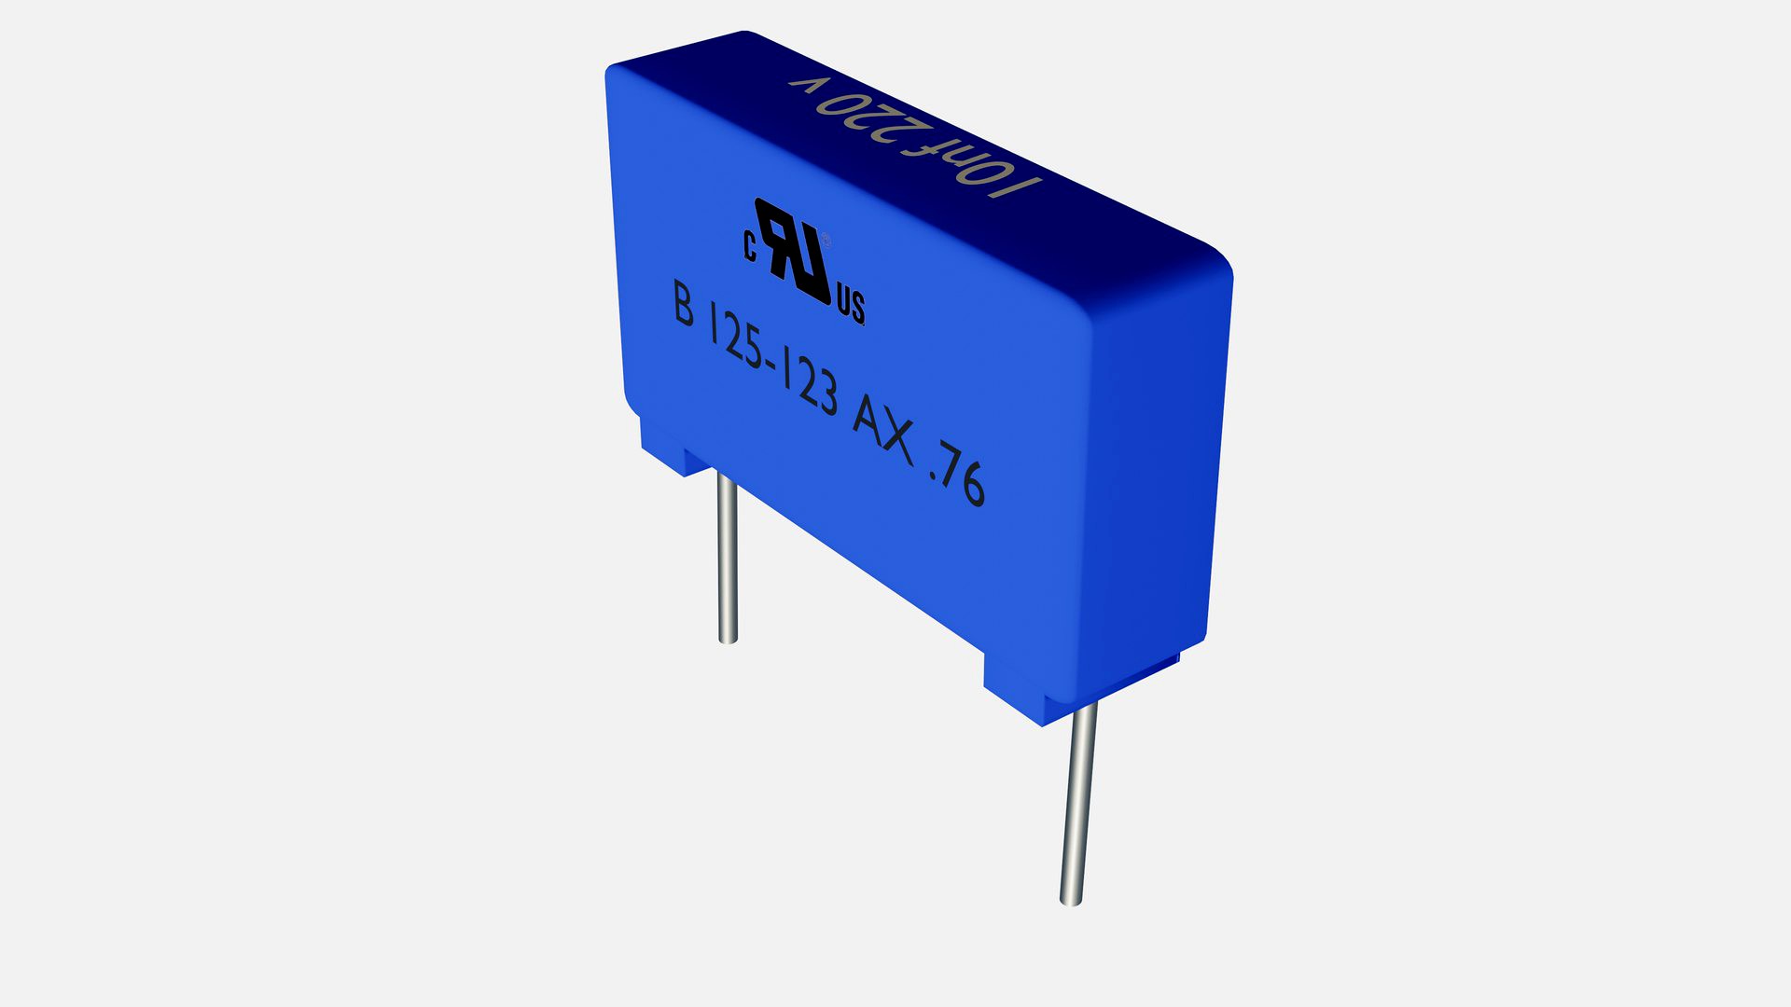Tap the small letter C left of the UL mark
point(749,246)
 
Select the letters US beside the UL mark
point(851,305)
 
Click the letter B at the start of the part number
point(684,304)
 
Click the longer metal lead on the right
point(1078,802)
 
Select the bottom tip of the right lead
point(1071,900)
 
